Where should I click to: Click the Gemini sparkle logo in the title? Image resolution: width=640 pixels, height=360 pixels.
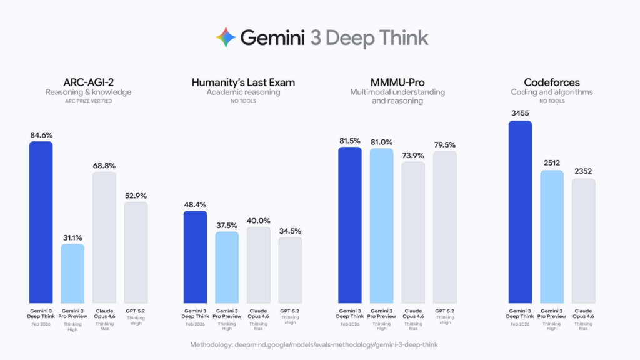click(x=226, y=37)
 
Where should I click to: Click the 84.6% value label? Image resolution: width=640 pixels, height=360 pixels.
click(x=41, y=134)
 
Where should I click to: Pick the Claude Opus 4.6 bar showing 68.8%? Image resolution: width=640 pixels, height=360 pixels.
click(x=104, y=237)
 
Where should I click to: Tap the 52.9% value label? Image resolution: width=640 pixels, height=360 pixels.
click(x=136, y=194)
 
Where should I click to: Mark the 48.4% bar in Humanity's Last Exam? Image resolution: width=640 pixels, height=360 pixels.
click(x=195, y=257)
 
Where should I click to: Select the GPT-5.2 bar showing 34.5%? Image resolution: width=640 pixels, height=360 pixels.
click(x=290, y=270)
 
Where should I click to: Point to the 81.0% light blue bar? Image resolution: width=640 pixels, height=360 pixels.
click(x=381, y=226)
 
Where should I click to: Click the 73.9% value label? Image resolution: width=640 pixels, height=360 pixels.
click(x=412, y=154)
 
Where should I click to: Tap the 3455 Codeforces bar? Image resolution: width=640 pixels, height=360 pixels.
click(x=520, y=212)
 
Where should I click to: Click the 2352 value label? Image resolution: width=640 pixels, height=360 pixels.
click(x=583, y=171)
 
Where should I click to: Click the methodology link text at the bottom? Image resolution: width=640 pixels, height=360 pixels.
click(x=319, y=344)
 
